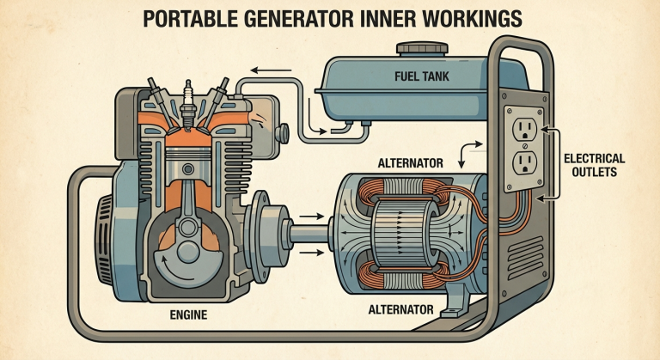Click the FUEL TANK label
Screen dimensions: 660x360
[422, 76]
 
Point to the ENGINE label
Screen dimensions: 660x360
[188, 314]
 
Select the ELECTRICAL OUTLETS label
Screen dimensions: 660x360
[595, 165]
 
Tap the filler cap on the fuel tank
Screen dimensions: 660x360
[422, 48]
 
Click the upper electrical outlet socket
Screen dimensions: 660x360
[524, 129]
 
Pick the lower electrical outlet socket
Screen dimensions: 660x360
[525, 162]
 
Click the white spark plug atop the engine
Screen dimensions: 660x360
[188, 105]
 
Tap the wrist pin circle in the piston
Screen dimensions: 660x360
[188, 169]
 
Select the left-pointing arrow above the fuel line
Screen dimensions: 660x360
[271, 70]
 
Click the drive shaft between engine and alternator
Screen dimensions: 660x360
[309, 234]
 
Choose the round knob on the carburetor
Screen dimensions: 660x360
[282, 133]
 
